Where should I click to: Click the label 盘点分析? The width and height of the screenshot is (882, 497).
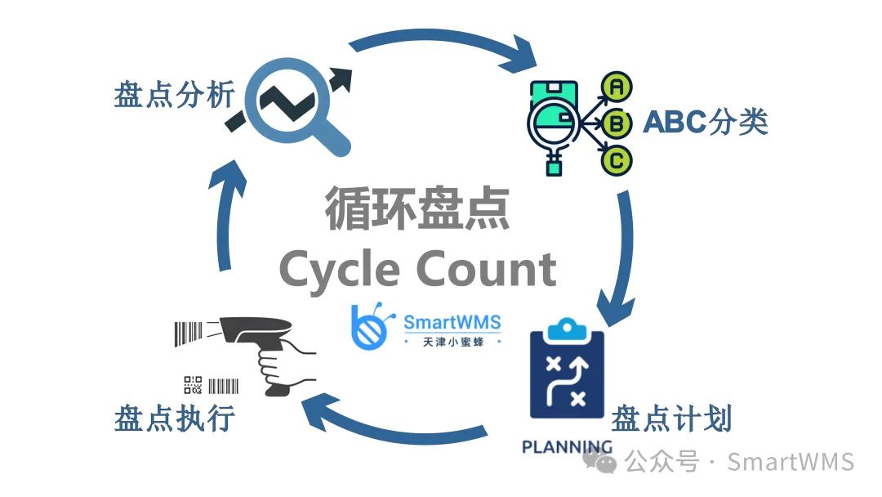(174, 96)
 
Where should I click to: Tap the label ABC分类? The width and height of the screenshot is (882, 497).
(705, 123)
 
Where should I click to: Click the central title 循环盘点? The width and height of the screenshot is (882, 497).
(417, 208)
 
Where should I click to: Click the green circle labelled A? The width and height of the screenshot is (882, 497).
(617, 85)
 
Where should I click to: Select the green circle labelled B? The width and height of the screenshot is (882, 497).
(617, 123)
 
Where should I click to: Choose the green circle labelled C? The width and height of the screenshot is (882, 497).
(617, 160)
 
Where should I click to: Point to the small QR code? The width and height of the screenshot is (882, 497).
(193, 385)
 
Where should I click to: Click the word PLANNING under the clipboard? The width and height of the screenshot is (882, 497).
(567, 447)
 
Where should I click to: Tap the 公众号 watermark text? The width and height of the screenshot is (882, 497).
(662, 463)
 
